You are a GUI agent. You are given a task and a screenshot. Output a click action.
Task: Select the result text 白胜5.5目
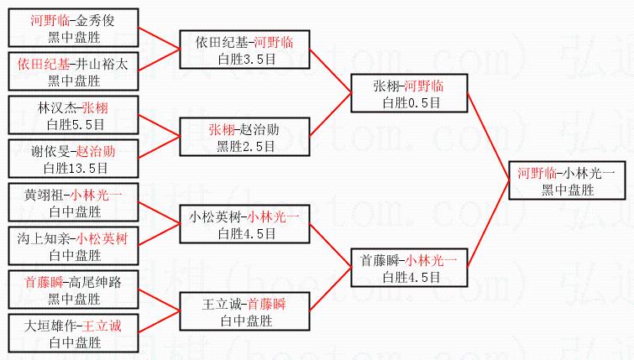click(75, 124)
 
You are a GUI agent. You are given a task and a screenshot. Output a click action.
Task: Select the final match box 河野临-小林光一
click(566, 180)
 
